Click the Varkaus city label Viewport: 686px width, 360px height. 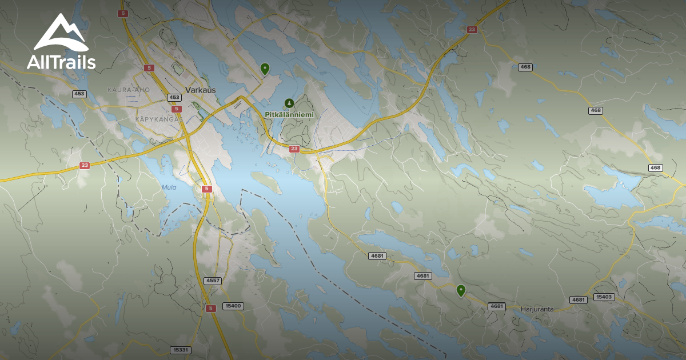(x=200, y=90)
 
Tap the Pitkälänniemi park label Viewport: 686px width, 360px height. (x=289, y=114)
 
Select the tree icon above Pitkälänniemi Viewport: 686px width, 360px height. (x=289, y=103)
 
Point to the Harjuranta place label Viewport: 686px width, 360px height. (x=537, y=309)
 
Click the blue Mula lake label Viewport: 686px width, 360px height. (x=169, y=187)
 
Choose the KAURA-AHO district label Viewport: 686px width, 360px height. (x=128, y=90)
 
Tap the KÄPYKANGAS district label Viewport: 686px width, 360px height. (x=159, y=119)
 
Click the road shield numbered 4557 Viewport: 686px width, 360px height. (x=212, y=281)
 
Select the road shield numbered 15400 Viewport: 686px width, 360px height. (x=233, y=306)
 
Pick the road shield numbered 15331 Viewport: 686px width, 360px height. (x=180, y=350)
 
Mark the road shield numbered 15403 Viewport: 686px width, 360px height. (x=604, y=297)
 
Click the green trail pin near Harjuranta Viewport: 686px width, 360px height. (x=461, y=291)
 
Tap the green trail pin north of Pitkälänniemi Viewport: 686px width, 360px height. (x=265, y=69)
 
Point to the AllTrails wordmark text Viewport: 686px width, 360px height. (x=61, y=62)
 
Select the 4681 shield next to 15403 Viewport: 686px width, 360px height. (x=579, y=300)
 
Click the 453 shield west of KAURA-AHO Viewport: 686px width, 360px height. (x=79, y=94)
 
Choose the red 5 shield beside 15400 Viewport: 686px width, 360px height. (x=210, y=309)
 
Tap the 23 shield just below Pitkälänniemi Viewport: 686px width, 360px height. (x=294, y=149)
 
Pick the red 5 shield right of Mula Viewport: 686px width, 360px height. (x=207, y=189)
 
